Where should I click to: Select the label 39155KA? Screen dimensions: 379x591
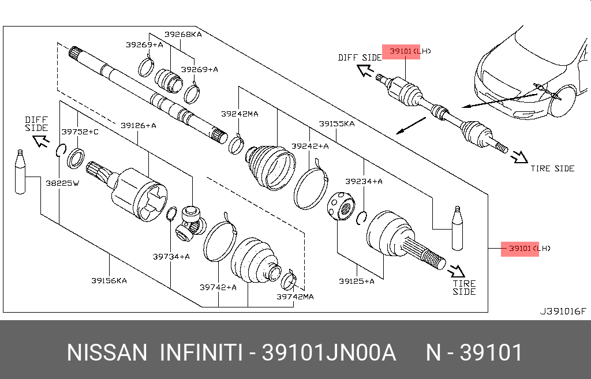(x=336, y=123)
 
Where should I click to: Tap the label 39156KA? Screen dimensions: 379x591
(x=109, y=281)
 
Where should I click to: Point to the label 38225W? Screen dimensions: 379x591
(x=62, y=183)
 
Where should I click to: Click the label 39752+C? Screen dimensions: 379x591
(x=80, y=132)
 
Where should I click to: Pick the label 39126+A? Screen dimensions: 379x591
(x=139, y=125)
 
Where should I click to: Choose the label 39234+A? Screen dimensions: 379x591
(x=364, y=181)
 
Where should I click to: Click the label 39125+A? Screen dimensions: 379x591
(x=357, y=281)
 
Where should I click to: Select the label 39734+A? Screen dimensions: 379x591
(x=171, y=256)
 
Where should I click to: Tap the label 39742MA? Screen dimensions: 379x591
(x=295, y=297)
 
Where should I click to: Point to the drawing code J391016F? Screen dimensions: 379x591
(x=563, y=312)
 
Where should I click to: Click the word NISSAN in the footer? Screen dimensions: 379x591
(x=107, y=352)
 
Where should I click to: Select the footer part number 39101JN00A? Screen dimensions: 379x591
(x=329, y=352)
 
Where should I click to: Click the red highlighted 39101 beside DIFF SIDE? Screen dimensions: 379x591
(x=400, y=51)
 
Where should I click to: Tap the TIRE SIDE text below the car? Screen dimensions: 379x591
(x=552, y=168)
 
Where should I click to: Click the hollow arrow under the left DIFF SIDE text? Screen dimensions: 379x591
(x=42, y=141)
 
